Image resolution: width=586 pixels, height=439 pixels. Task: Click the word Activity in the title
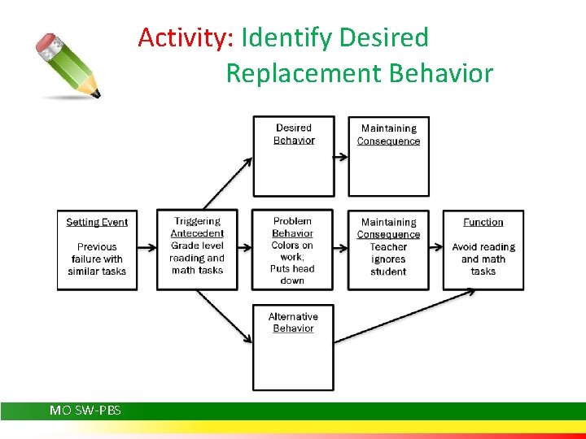186,38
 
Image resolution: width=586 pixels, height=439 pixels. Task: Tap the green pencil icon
69,65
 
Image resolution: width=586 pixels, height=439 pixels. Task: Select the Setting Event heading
97,222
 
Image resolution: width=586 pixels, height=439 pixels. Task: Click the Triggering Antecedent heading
197,227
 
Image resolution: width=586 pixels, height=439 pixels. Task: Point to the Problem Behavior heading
292,227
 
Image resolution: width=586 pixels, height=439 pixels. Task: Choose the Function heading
483,222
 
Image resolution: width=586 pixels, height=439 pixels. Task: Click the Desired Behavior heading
294,134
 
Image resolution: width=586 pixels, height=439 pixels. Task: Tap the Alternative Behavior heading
293,322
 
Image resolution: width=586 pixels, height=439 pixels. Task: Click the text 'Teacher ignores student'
388,259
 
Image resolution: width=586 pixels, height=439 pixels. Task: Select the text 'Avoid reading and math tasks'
483,259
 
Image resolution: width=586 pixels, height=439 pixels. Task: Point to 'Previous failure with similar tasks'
97,259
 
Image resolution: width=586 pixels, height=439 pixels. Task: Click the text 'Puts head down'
292,275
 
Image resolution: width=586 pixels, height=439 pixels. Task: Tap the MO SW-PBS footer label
85,411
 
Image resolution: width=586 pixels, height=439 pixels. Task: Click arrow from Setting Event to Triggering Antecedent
147,247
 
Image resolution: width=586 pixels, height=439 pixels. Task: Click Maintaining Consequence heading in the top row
388,134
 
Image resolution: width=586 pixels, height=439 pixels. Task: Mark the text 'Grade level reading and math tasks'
197,259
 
